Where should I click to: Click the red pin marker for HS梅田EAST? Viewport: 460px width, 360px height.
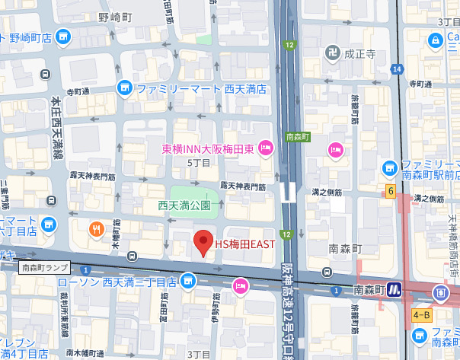[203, 242]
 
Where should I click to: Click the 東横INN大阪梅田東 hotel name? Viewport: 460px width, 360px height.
[208, 148]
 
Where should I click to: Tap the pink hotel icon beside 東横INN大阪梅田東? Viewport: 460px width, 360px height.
[266, 148]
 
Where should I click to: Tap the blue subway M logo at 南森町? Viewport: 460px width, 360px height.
[394, 289]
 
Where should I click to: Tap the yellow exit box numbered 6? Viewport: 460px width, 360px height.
[390, 190]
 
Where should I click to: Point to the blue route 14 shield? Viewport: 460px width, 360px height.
[397, 69]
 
